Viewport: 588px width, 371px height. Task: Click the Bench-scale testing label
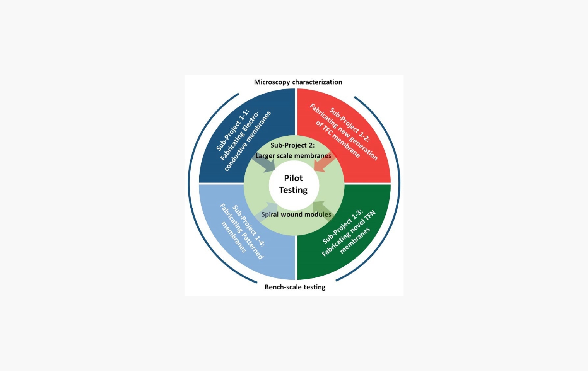(295, 287)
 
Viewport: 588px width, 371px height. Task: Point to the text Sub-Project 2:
(292, 145)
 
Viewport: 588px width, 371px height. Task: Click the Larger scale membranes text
(293, 156)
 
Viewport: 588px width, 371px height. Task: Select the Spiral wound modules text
(296, 214)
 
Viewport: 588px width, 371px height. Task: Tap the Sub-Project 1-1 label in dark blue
(233, 130)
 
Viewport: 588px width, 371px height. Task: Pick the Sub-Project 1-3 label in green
(342, 227)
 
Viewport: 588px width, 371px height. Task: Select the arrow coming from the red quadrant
(323, 163)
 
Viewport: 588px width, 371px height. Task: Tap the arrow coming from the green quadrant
(322, 211)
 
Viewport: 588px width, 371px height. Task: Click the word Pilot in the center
(293, 178)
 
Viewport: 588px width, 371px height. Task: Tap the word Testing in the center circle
(293, 190)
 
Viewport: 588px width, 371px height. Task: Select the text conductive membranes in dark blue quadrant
(248, 141)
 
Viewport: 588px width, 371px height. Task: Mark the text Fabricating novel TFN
(349, 234)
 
